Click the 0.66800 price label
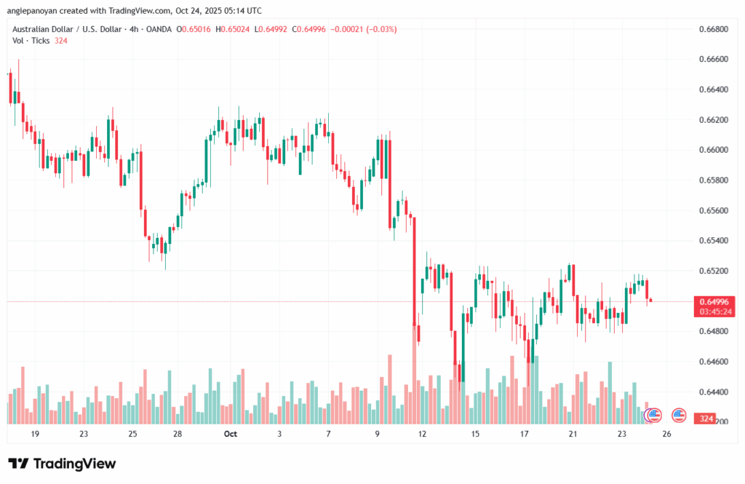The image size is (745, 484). (712, 29)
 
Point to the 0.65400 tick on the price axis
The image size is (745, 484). (712, 240)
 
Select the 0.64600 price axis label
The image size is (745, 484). (712, 361)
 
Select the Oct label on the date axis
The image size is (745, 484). (231, 434)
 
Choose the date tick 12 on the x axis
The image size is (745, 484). (423, 434)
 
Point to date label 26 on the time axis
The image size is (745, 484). (666, 434)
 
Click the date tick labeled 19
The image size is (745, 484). (34, 434)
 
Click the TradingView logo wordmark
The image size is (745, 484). (62, 464)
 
